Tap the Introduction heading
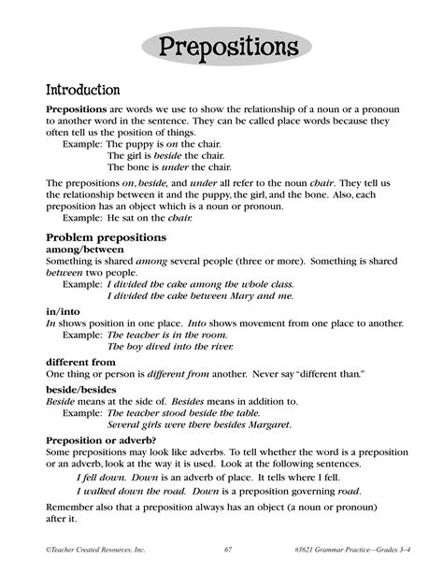(x=83, y=91)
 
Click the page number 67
(x=229, y=548)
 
